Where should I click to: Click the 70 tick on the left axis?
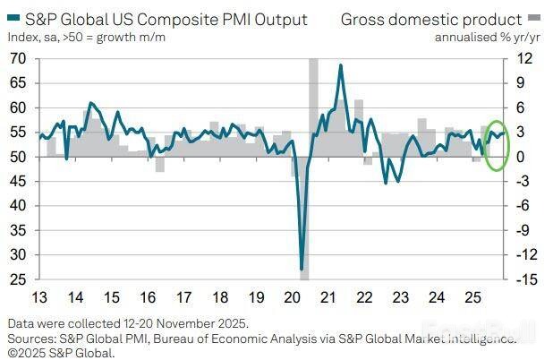[x=17, y=58]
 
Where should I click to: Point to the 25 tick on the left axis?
[x=17, y=279]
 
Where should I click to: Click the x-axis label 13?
[x=41, y=297]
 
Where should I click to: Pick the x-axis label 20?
[x=293, y=297]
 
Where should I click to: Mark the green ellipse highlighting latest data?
[x=497, y=145]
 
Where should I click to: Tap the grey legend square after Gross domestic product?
[x=534, y=19]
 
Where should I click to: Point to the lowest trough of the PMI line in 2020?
[x=302, y=268]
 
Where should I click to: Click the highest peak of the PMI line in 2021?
[x=341, y=65]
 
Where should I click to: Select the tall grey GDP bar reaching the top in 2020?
[x=314, y=107]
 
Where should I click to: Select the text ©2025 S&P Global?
[x=62, y=352]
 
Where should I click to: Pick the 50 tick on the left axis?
[x=17, y=157]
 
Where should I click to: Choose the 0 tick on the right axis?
[x=525, y=157]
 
